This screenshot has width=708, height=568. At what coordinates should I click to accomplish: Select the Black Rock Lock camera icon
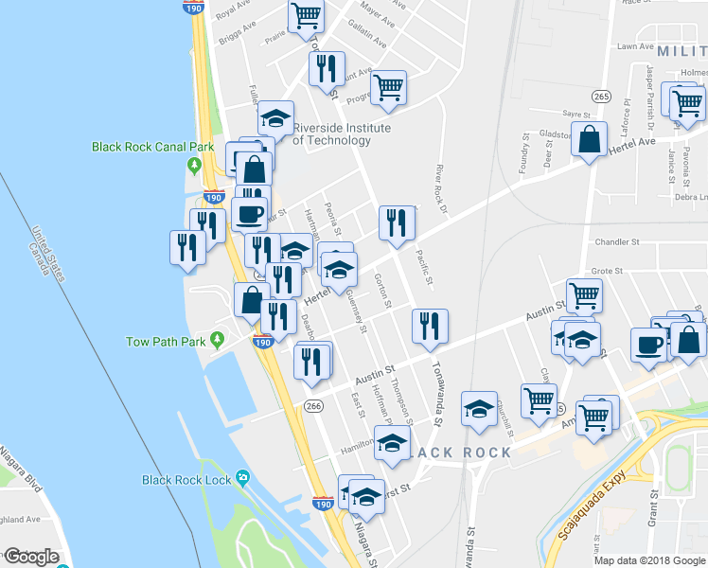point(244,477)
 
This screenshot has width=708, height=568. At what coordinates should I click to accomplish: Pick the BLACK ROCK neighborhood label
point(464,453)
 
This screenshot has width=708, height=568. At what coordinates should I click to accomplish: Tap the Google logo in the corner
point(31,557)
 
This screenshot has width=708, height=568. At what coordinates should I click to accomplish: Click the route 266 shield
point(313,406)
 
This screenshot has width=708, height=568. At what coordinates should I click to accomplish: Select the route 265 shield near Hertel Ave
point(602,96)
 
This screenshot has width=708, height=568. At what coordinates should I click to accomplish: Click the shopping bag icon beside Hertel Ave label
point(589,140)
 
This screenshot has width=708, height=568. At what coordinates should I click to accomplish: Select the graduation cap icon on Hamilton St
point(392,441)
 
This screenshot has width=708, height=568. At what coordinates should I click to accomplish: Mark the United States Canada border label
point(48,255)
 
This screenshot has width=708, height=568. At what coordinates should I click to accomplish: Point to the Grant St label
point(652,508)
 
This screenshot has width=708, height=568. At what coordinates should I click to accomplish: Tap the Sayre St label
point(576,112)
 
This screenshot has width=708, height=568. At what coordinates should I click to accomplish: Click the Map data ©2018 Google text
point(649,560)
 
